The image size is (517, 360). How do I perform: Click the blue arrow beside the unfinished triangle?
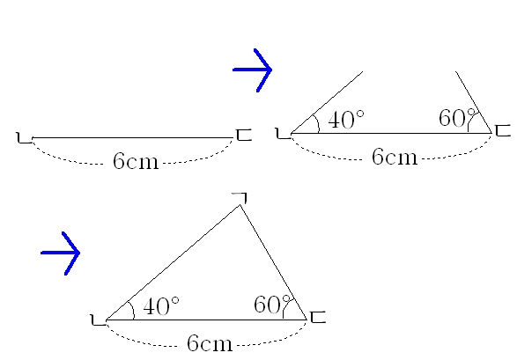(x=252, y=70)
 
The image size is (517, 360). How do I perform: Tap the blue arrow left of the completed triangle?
(x=60, y=253)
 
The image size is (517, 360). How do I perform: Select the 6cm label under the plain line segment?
(x=136, y=161)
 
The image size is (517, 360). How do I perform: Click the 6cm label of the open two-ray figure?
(x=395, y=157)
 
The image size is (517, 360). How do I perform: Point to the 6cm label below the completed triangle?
(x=210, y=343)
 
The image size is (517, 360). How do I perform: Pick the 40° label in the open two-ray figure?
(x=346, y=119)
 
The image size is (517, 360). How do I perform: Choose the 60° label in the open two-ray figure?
(x=457, y=118)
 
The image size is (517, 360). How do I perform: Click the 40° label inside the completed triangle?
(x=161, y=306)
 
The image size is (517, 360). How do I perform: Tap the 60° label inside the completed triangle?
(x=272, y=304)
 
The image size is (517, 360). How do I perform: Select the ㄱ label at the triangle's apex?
(x=240, y=198)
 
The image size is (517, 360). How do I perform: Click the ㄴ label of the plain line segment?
(x=24, y=137)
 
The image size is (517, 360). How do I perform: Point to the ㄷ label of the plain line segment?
(x=244, y=135)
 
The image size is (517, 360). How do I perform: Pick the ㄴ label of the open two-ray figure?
(x=283, y=134)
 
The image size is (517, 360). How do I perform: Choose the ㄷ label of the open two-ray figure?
(x=503, y=130)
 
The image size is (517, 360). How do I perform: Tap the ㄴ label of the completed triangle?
(x=99, y=320)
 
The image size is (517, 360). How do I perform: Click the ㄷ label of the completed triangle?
(x=318, y=317)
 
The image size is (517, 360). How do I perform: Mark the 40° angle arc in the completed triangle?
(x=133, y=310)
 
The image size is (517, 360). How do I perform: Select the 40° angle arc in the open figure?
(x=318, y=123)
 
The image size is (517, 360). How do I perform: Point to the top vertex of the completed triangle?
(x=240, y=205)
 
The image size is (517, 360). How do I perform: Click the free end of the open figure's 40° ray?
(x=363, y=71)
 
